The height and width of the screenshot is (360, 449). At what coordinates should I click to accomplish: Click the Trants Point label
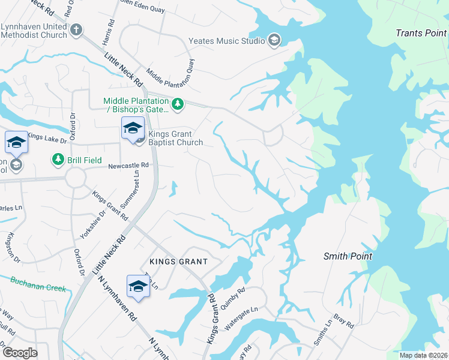421,33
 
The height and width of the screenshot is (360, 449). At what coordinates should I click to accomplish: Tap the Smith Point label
348,256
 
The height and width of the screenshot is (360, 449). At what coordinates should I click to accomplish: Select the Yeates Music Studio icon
274,41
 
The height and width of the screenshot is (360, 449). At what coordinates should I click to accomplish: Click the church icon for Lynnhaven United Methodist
76,29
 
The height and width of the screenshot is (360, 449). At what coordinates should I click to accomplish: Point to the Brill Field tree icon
58,160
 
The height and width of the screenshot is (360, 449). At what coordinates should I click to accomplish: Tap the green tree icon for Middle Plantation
177,105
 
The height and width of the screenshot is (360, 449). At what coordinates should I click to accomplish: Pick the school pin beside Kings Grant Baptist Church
133,127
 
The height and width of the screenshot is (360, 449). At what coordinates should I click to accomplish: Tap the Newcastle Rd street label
128,165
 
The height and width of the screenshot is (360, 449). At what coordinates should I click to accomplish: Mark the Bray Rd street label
343,322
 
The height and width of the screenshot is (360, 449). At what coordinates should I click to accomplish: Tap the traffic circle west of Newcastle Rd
77,178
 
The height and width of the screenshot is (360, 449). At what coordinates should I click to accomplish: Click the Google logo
19,352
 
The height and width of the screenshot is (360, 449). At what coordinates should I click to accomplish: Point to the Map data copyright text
423,355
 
